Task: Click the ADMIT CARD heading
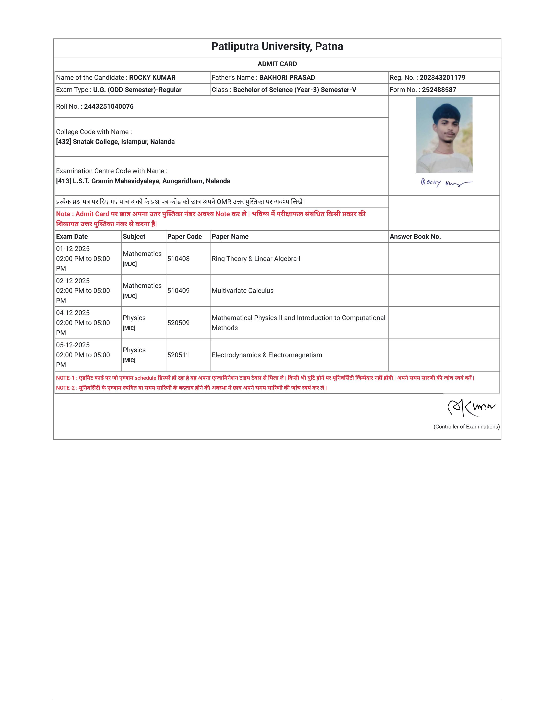[x=277, y=64]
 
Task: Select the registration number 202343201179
[x=442, y=78]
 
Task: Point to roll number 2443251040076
[x=109, y=106]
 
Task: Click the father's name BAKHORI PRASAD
[x=287, y=78]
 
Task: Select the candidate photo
[x=444, y=135]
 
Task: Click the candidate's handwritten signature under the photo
[x=446, y=183]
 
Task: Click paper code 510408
[x=178, y=259]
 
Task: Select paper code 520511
[x=178, y=355]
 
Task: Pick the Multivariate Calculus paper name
[x=242, y=290]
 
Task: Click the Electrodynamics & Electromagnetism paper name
[x=267, y=355]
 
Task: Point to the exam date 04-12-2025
[x=73, y=313]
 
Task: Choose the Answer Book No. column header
[x=415, y=237]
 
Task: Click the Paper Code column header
[x=184, y=237]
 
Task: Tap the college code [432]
[x=64, y=142]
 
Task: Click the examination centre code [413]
[x=64, y=181]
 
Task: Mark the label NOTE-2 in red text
[x=65, y=388]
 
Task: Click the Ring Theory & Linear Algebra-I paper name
[x=256, y=259]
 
